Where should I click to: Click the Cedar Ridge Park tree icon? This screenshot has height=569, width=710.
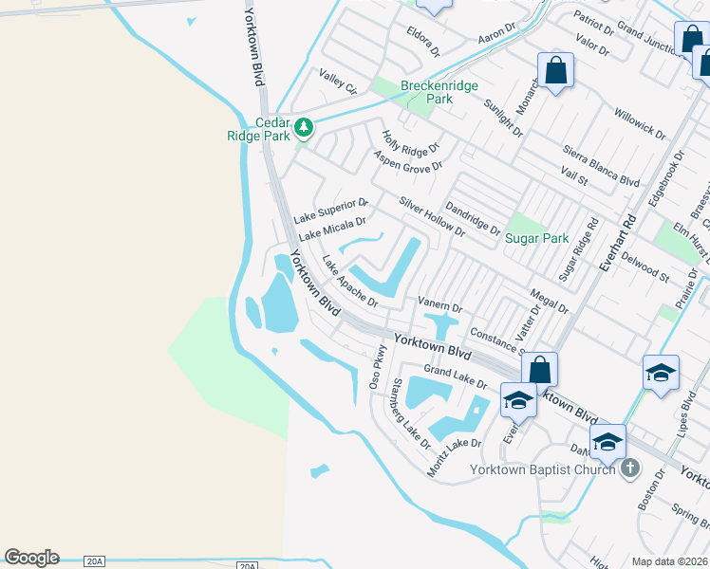click(x=304, y=126)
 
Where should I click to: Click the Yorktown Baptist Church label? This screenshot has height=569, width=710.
click(x=543, y=469)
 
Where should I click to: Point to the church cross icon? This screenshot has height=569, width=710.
click(x=629, y=468)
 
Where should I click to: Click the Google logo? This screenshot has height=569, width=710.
click(x=31, y=558)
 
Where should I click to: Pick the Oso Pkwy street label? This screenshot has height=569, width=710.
click(x=378, y=367)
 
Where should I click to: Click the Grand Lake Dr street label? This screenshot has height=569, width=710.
click(x=455, y=376)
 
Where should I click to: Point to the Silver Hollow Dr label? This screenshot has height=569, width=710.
click(x=432, y=217)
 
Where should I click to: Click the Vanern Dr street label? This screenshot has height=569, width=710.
click(x=439, y=306)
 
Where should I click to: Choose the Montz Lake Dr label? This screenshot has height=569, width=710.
click(x=455, y=457)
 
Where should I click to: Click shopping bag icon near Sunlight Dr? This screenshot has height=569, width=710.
click(x=555, y=71)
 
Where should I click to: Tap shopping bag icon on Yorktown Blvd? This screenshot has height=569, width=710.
click(x=538, y=370)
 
